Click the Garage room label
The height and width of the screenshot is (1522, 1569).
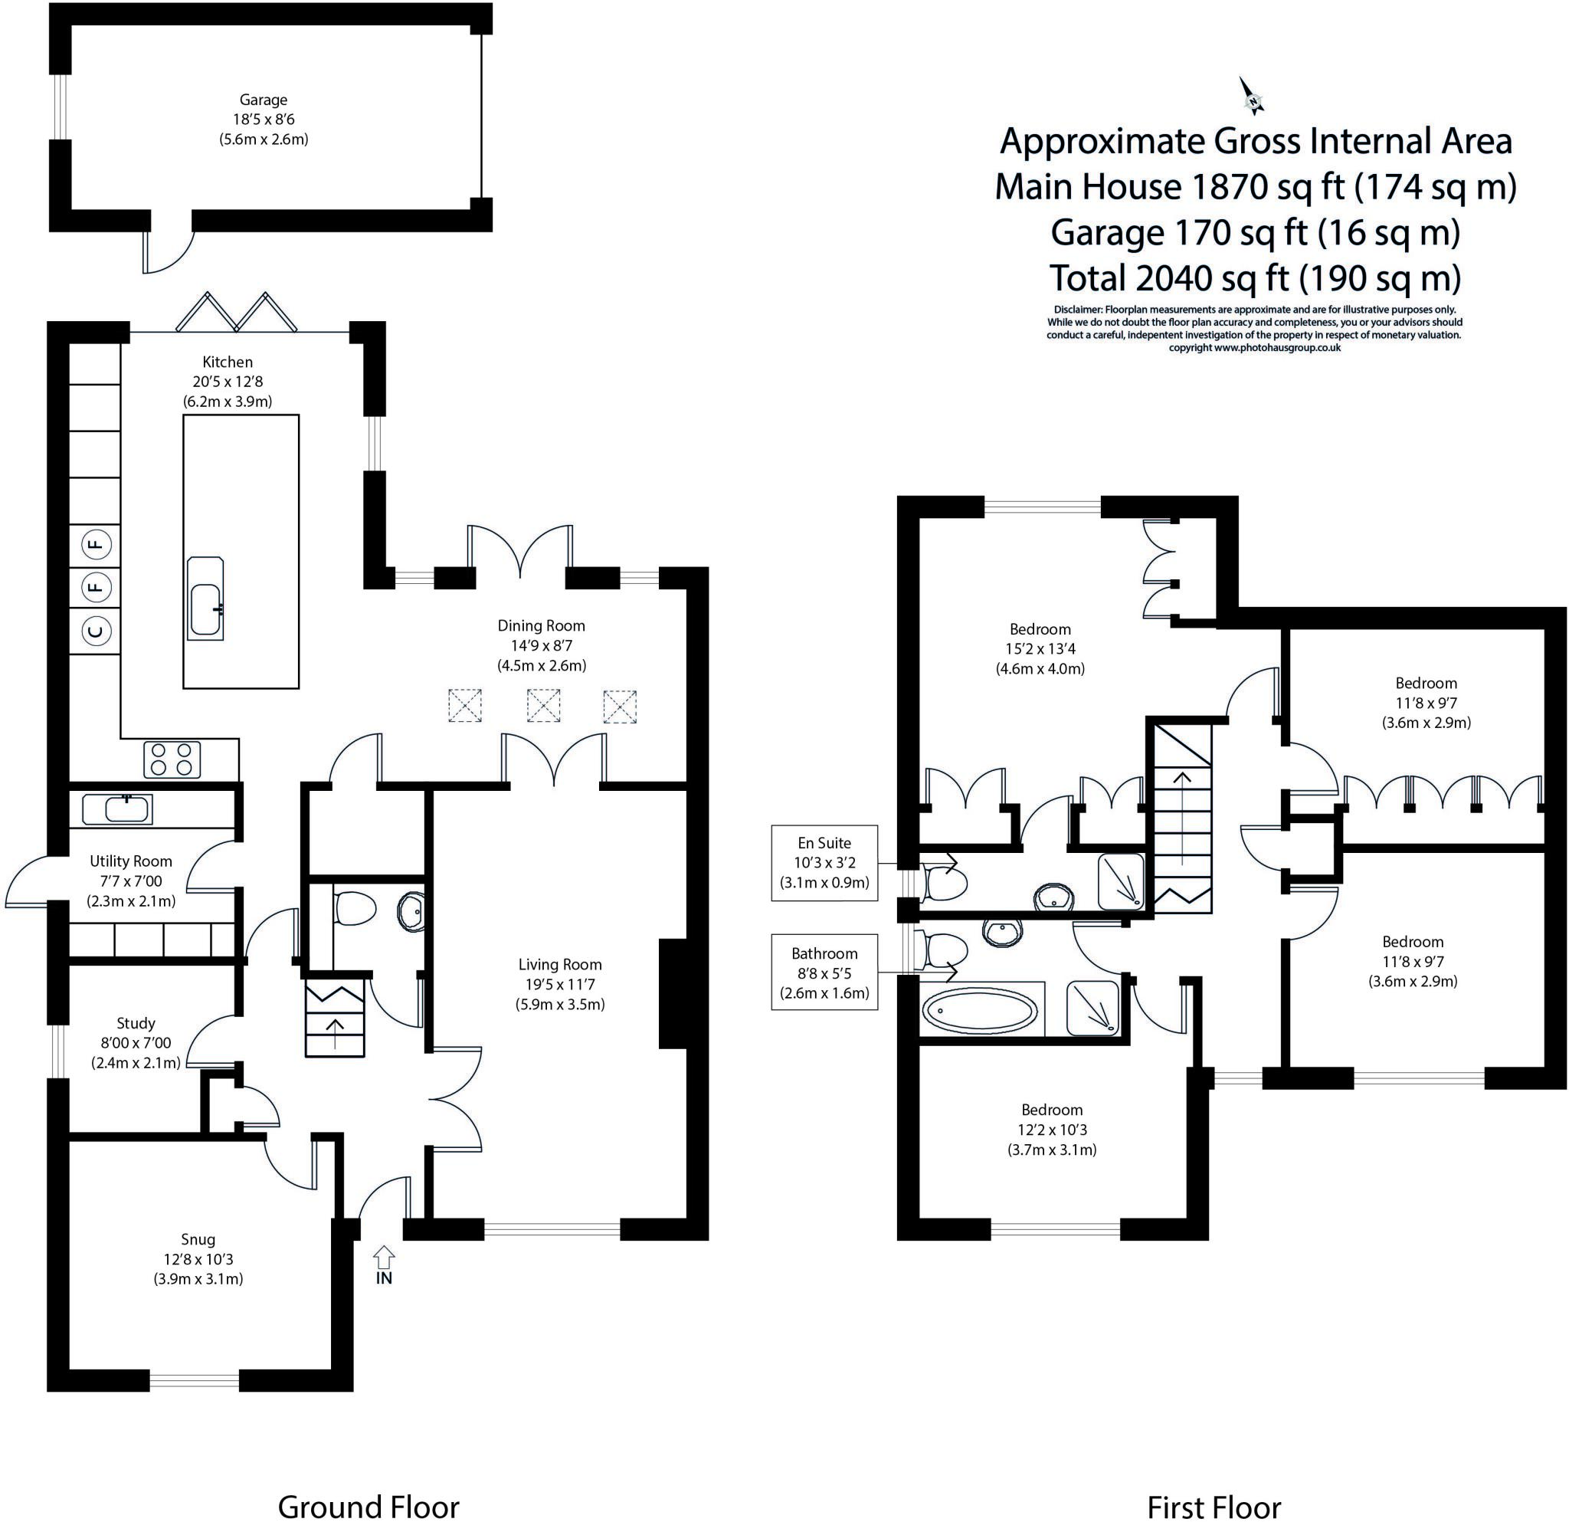pyautogui.click(x=264, y=100)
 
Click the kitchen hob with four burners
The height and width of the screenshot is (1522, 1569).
pyautogui.click(x=172, y=759)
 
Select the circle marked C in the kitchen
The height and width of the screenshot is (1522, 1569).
pyautogui.click(x=95, y=631)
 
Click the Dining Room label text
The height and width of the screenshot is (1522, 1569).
pyautogui.click(x=541, y=625)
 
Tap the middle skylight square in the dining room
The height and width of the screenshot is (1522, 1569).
pyautogui.click(x=543, y=706)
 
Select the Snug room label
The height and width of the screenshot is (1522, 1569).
pyautogui.click(x=198, y=1239)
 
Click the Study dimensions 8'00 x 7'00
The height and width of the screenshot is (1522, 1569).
pyautogui.click(x=136, y=1043)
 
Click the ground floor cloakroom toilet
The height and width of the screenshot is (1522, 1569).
pyautogui.click(x=355, y=909)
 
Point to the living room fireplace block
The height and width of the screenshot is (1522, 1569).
pyautogui.click(x=672, y=993)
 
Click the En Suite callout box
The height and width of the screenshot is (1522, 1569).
pyautogui.click(x=824, y=863)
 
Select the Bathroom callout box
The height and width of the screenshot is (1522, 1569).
pyautogui.click(x=824, y=973)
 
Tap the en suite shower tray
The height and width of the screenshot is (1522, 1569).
pyautogui.click(x=1121, y=881)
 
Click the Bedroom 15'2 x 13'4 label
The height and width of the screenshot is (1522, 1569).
pyautogui.click(x=1040, y=648)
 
